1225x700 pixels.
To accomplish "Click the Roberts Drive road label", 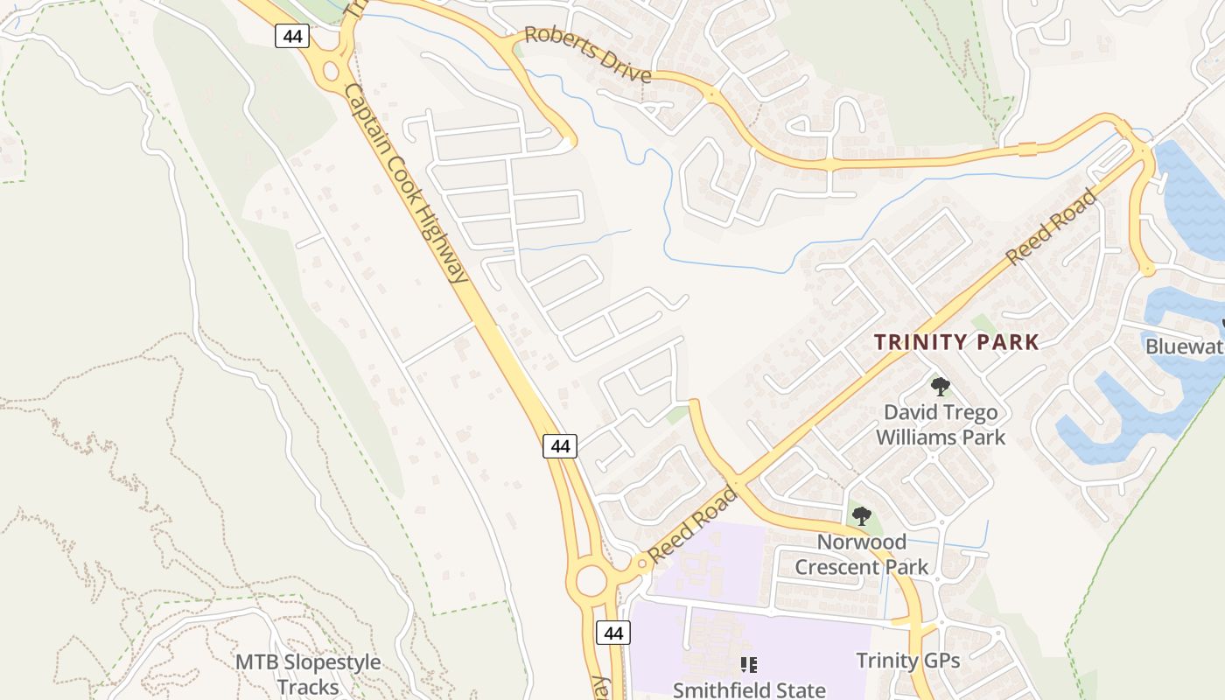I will pyautogui.click(x=588, y=55).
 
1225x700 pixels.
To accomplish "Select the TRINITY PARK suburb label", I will pyautogui.click(x=956, y=342).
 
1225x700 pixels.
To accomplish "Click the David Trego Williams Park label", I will pyautogui.click(x=941, y=424).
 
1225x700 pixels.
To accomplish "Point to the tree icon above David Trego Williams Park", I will pyautogui.click(x=941, y=386).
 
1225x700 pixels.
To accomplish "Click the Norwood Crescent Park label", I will pyautogui.click(x=862, y=554).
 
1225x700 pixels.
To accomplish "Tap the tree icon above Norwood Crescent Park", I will pyautogui.click(x=862, y=515).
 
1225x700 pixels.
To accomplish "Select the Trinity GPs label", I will pyautogui.click(x=907, y=661).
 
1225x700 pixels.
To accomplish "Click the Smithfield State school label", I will pyautogui.click(x=749, y=689).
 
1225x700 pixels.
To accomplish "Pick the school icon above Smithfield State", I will pyautogui.click(x=748, y=665).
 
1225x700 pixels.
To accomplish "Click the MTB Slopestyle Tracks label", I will pyautogui.click(x=308, y=674).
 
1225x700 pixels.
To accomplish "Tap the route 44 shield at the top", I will pyautogui.click(x=291, y=36).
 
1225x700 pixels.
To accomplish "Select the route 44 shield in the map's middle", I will pyautogui.click(x=560, y=446).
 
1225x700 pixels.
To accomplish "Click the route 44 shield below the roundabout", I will pyautogui.click(x=613, y=633).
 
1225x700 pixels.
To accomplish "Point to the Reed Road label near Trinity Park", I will pyautogui.click(x=1050, y=227).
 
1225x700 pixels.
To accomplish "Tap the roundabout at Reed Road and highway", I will pyautogui.click(x=592, y=579).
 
